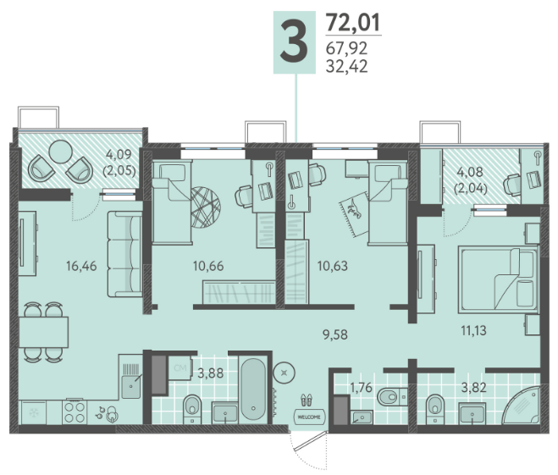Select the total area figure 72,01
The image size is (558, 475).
353,22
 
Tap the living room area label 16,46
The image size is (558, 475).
81,266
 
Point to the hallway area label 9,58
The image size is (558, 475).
334,334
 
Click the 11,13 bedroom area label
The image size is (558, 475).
473,330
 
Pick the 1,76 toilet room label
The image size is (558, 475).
362,387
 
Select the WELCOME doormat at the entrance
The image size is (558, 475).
309,417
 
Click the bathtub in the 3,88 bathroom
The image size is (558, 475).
253,389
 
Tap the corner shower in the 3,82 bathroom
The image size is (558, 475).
522,405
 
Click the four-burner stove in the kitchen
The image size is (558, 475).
75,411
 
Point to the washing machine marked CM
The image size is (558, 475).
180,368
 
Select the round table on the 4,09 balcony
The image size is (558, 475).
60,152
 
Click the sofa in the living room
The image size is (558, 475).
124,254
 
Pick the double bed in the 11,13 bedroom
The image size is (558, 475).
498,280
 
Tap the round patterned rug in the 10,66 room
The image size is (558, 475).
206,207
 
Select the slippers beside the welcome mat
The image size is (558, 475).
307,400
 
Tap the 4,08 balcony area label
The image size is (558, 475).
470,180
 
